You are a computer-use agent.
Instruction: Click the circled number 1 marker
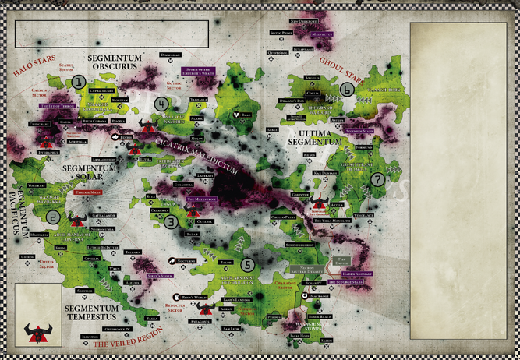click(x=77, y=81)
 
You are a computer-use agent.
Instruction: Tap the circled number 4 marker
click(x=161, y=104)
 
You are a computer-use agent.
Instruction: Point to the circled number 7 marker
click(x=378, y=178)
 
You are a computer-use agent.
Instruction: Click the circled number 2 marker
click(x=53, y=218)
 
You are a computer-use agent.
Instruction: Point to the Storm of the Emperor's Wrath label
click(x=192, y=71)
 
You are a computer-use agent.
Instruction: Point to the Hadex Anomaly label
click(x=348, y=273)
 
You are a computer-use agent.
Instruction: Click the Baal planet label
click(x=246, y=115)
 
